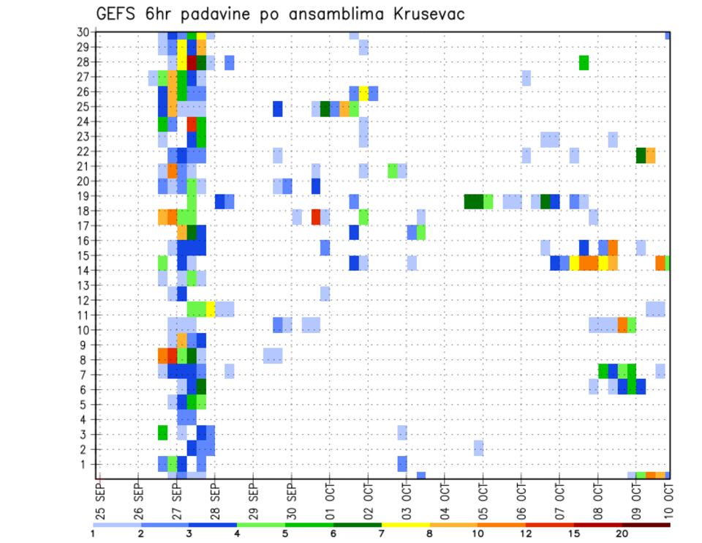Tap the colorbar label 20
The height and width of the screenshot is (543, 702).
click(x=622, y=533)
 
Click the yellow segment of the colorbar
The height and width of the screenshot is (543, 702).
click(x=406, y=524)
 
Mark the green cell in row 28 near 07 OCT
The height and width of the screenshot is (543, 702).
click(x=584, y=63)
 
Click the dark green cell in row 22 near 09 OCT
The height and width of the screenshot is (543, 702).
click(x=641, y=155)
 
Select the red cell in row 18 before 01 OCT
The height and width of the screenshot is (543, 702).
click(x=316, y=217)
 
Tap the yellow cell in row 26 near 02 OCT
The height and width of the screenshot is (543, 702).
click(x=363, y=93)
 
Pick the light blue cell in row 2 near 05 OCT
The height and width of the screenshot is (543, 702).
click(x=478, y=448)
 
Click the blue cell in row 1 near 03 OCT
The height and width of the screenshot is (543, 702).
click(x=402, y=463)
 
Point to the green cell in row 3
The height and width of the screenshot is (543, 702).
click(x=163, y=432)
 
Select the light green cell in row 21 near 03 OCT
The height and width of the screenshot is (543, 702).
click(x=393, y=171)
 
